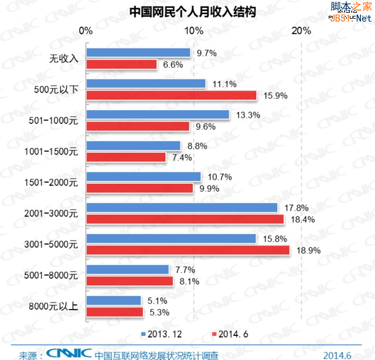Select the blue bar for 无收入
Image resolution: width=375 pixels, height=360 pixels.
tap(138, 53)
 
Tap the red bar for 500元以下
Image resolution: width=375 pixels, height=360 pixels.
tap(172, 95)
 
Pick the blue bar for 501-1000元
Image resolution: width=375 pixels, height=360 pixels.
tap(158, 115)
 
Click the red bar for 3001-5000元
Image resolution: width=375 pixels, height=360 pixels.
tap(187, 250)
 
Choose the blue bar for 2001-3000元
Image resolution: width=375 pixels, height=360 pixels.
tap(182, 207)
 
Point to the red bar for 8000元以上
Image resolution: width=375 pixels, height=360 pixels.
tap(115, 312)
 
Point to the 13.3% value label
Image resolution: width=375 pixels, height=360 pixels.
tap(248, 115)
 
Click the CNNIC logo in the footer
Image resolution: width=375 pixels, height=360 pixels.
tap(69, 352)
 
